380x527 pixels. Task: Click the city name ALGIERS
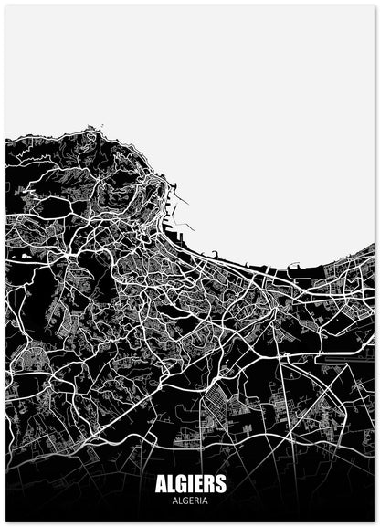189,485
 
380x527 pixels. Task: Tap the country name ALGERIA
189,501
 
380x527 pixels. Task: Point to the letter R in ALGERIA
195,501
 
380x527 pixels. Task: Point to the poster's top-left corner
5,5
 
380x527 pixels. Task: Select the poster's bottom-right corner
375,521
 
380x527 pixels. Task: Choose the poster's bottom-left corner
5,521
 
